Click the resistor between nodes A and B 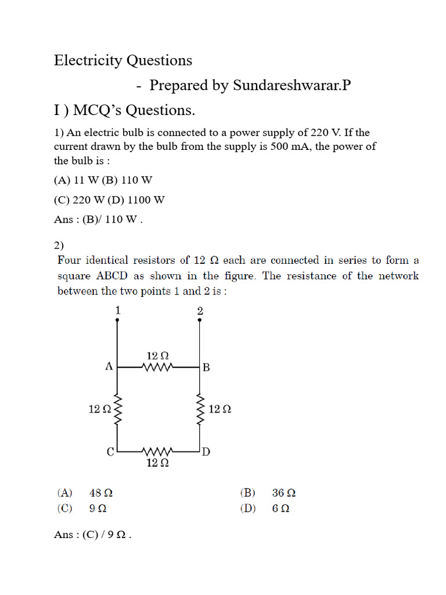157,367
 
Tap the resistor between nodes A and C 118,410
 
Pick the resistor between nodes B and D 200,410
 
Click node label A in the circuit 108,367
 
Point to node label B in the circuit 206,368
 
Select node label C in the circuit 110,451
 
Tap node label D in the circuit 206,451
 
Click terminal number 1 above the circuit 118,311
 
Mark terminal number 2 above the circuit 200,311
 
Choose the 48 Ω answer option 101,493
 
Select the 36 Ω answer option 284,493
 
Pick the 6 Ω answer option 280,508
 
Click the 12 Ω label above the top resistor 157,355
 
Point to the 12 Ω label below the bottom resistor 157,463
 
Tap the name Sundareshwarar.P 292,85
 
